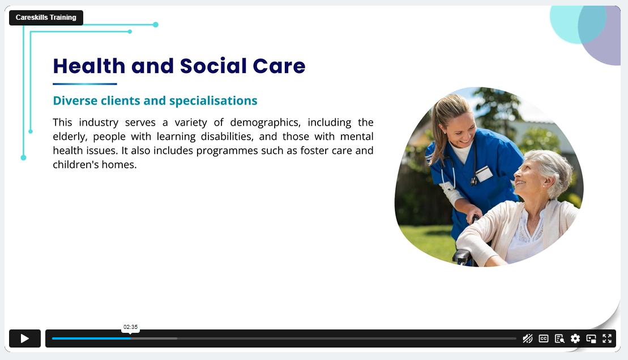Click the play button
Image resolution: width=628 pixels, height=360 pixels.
[x=25, y=338]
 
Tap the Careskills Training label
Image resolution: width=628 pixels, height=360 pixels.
[x=46, y=18]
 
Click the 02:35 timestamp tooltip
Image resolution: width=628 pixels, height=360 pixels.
[x=131, y=327]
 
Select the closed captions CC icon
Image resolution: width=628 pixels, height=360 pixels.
[x=544, y=338]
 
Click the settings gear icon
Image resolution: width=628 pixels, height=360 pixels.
[x=575, y=338]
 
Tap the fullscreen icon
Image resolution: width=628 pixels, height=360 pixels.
[x=607, y=338]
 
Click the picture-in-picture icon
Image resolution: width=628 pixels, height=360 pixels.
[x=591, y=338]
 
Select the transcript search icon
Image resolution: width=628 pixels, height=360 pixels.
[x=559, y=338]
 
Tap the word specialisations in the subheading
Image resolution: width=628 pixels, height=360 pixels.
[x=213, y=101]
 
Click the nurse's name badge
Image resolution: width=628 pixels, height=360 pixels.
[x=484, y=174]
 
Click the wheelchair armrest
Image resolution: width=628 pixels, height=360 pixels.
[x=462, y=255]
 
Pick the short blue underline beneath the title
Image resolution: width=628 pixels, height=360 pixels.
[x=85, y=84]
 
